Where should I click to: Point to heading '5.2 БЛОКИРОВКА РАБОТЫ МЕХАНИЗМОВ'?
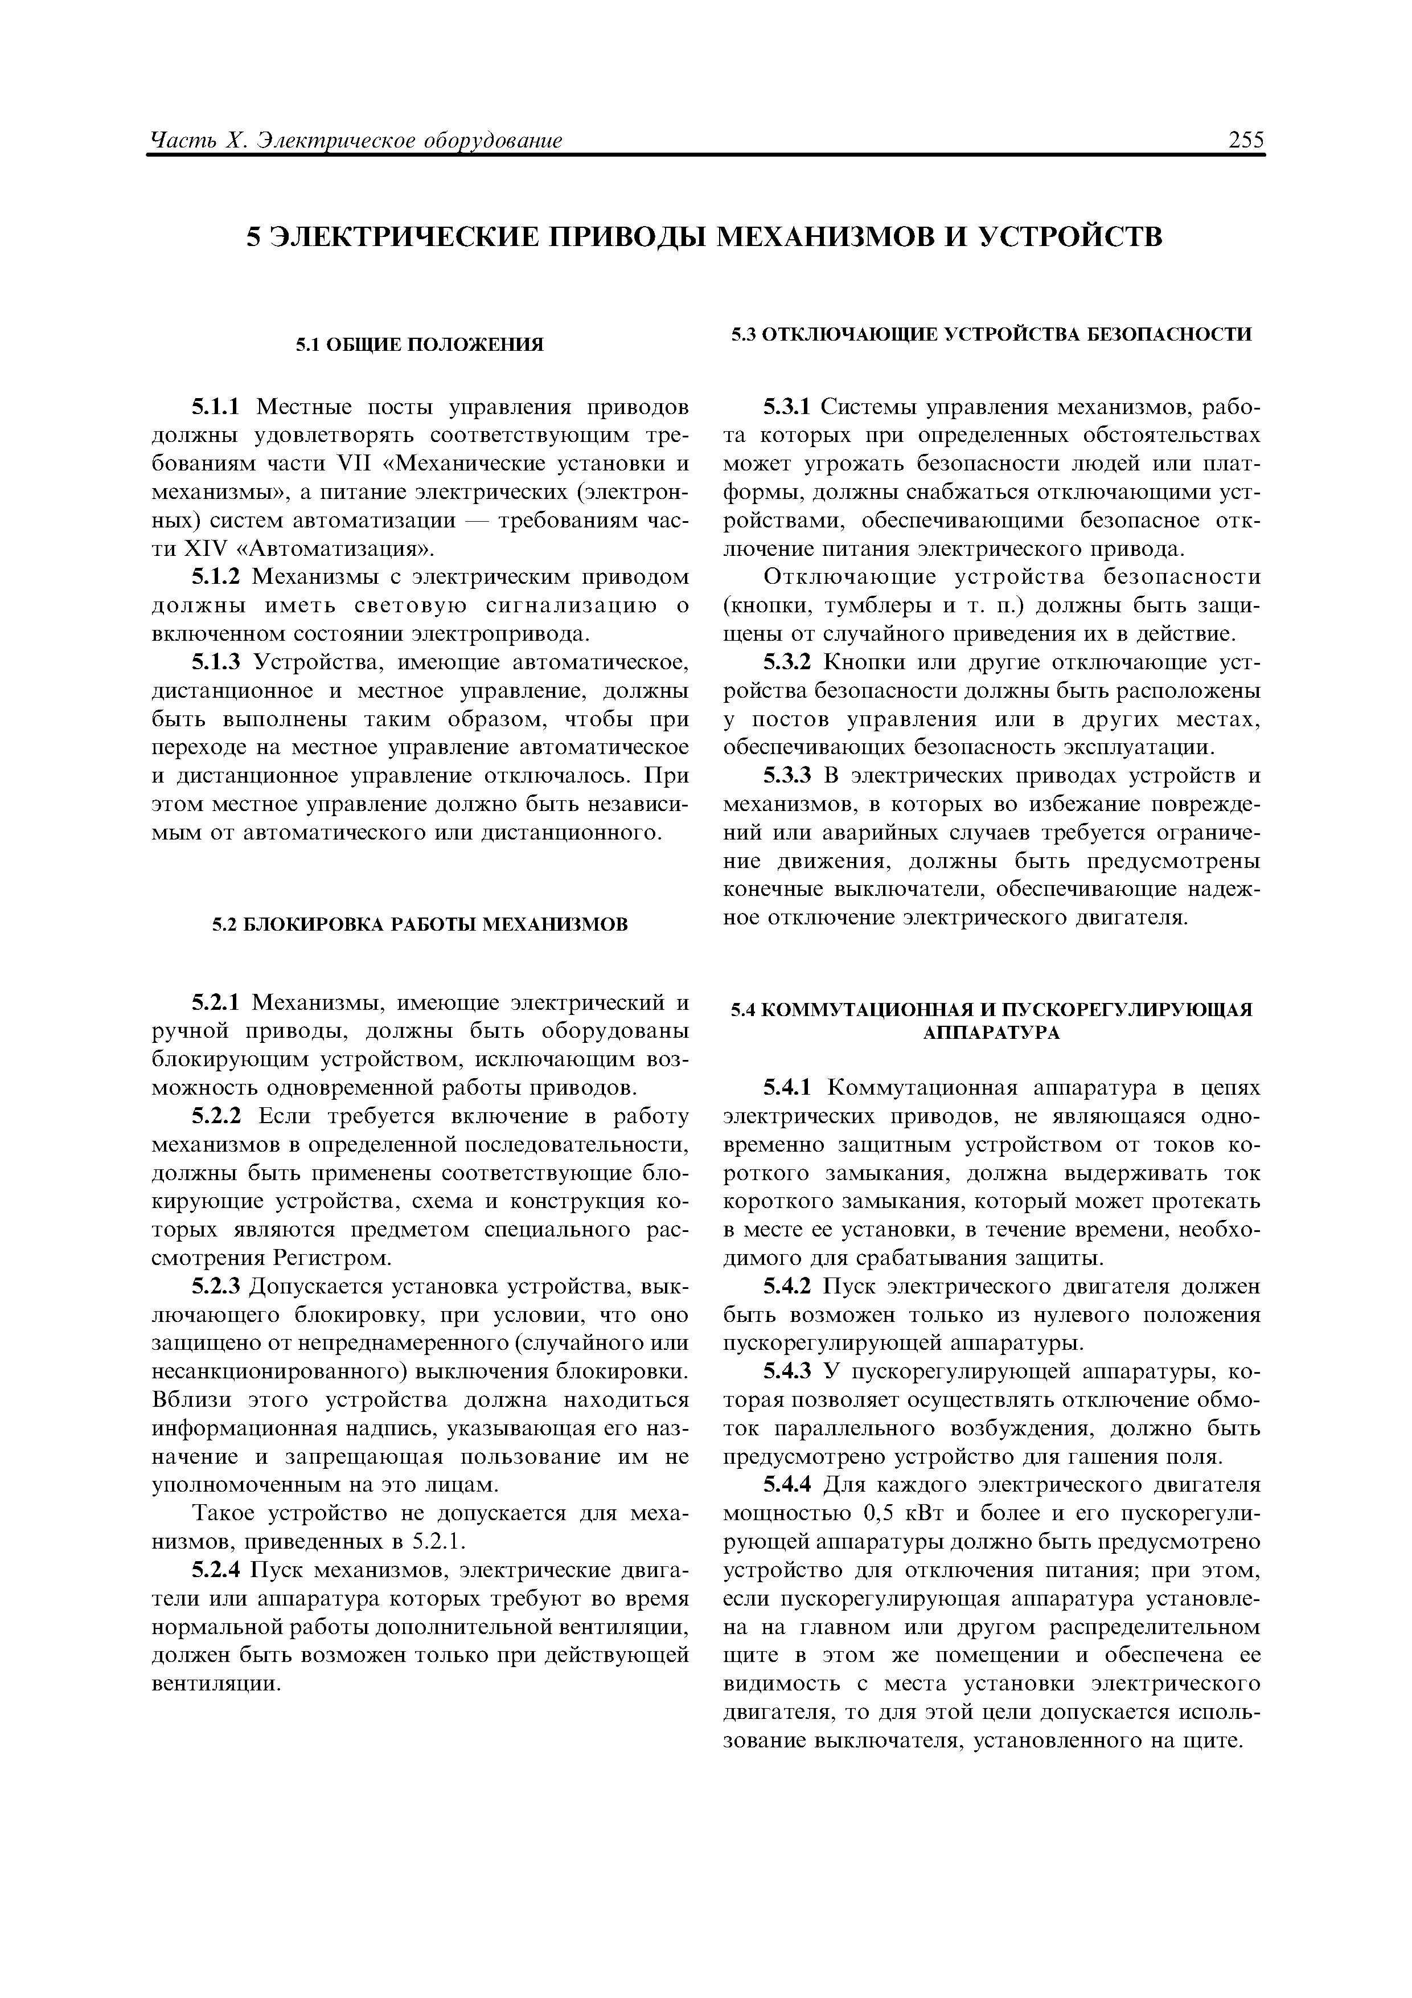coord(420,923)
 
